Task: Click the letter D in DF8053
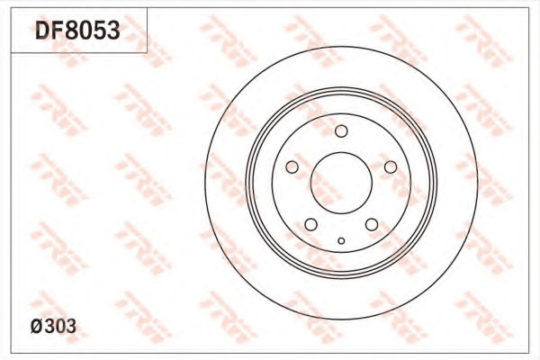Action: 41,30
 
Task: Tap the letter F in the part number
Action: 56,30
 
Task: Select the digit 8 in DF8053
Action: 70,30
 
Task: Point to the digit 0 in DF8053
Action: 85,30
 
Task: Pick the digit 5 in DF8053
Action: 99,30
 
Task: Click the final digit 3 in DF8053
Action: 113,30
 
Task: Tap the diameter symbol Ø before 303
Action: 37,326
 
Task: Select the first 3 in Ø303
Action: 49,326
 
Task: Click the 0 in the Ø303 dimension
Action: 60,326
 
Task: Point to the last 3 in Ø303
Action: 70,326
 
